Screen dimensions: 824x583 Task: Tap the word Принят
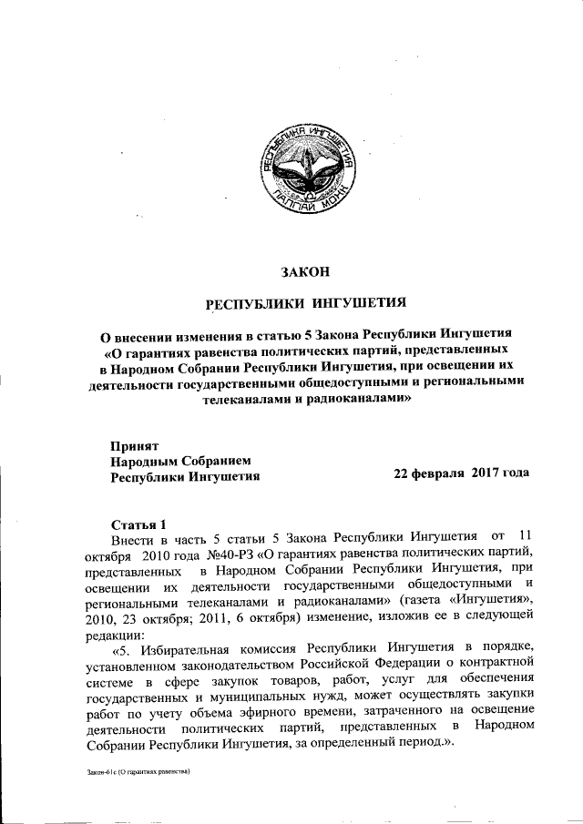(x=134, y=446)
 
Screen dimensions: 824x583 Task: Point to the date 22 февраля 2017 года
(x=461, y=475)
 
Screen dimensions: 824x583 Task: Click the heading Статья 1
(x=138, y=525)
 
